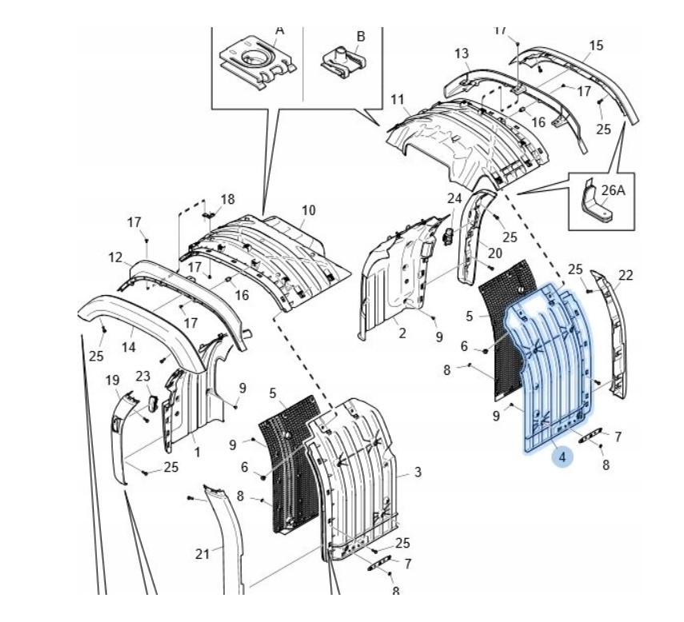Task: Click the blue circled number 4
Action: click(562, 457)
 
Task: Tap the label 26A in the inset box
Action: click(613, 190)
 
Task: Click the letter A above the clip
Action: click(280, 30)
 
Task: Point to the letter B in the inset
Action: click(361, 36)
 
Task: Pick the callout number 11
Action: click(398, 99)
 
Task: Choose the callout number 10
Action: click(308, 211)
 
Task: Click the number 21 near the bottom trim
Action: click(202, 552)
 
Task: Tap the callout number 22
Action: click(626, 275)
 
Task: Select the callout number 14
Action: click(129, 347)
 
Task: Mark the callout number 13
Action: click(462, 54)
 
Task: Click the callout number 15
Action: click(596, 46)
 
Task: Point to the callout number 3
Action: click(418, 472)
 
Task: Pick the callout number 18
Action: click(228, 199)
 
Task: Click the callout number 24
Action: click(454, 197)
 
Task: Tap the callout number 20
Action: click(495, 253)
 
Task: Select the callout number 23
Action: click(143, 376)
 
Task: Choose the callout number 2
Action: click(402, 333)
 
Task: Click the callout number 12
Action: click(115, 257)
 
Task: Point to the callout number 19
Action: click(113, 380)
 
